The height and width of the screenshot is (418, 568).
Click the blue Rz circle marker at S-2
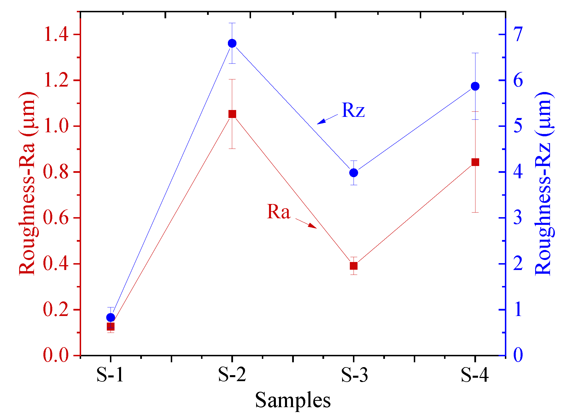coord(232,43)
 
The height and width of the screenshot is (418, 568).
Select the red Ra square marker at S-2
coord(232,114)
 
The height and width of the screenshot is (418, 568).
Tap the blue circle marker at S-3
coord(354,173)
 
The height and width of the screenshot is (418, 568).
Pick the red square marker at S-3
coord(354,266)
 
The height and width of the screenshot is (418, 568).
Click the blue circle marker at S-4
coord(475,86)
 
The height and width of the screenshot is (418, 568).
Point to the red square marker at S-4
coord(475,162)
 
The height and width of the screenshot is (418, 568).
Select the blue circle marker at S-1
coord(111,317)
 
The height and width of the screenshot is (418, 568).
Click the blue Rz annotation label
coord(353,110)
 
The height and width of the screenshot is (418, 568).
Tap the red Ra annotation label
coord(278,212)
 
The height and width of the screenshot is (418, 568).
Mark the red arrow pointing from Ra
coord(306,223)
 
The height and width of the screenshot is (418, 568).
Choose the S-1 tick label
coord(110,375)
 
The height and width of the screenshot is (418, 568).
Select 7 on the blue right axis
coord(518,35)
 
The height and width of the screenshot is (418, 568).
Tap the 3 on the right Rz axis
coord(518,218)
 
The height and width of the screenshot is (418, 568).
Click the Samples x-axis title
coord(293,400)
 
